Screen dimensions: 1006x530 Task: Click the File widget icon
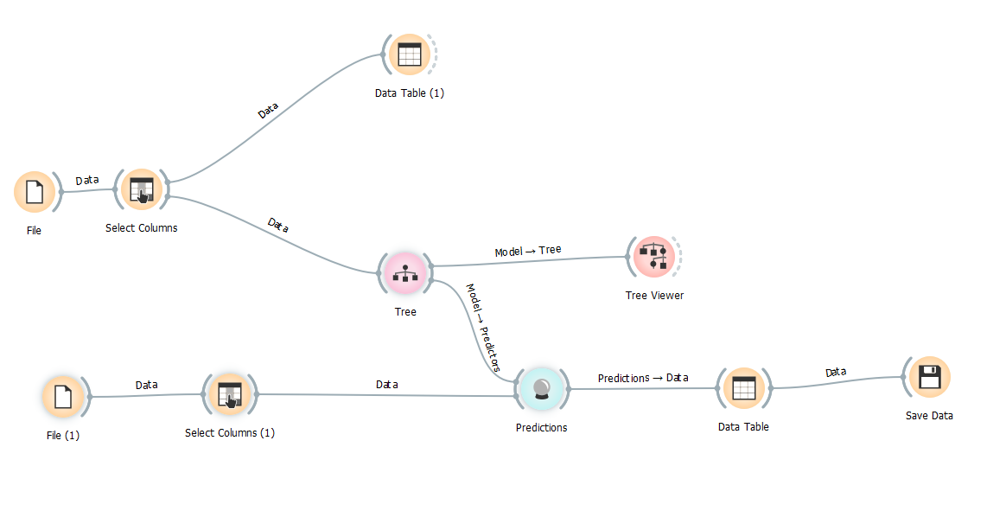(35, 191)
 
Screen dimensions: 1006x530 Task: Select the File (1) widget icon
(63, 397)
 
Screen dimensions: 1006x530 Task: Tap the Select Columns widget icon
(142, 189)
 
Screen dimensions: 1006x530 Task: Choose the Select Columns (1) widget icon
(230, 394)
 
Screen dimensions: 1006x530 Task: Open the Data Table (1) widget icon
(410, 54)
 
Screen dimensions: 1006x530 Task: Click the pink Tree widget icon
(404, 272)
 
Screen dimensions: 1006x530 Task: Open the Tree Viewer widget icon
(653, 257)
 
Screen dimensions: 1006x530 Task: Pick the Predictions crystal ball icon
(542, 389)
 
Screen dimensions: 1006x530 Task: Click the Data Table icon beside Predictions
(743, 388)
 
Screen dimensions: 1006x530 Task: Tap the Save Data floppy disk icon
(929, 377)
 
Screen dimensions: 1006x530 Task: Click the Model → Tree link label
(528, 250)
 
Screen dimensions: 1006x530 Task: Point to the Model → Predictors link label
(483, 327)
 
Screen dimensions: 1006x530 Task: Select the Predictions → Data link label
(643, 378)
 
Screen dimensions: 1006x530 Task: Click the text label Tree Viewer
(654, 295)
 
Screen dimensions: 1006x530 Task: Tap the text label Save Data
(929, 416)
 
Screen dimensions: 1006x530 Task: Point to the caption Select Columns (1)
(230, 433)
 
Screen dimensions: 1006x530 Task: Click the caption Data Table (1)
(410, 93)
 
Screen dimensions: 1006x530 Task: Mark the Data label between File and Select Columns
(87, 181)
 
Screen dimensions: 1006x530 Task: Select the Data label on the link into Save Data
(836, 372)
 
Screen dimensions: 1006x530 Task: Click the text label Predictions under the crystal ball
(542, 428)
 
